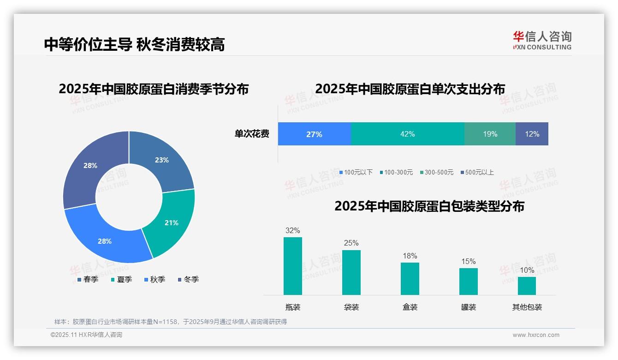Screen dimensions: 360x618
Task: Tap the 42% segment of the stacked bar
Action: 407,134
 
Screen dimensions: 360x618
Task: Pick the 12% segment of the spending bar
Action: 532,134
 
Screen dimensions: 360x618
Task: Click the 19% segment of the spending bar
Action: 490,134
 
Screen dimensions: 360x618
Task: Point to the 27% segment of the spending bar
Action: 314,134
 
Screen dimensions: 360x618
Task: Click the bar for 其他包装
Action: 527,286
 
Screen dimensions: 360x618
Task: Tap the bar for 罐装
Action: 468,282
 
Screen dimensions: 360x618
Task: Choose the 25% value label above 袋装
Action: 351,243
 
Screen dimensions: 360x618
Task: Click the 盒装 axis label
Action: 410,307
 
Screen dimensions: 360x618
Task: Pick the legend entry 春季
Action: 88,279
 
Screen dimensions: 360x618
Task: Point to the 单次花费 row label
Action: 252,134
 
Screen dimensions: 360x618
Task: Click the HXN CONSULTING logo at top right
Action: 542,40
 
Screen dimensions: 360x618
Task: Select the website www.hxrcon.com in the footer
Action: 536,335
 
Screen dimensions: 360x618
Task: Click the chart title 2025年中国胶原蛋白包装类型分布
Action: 429,206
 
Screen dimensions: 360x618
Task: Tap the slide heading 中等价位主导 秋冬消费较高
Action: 134,44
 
